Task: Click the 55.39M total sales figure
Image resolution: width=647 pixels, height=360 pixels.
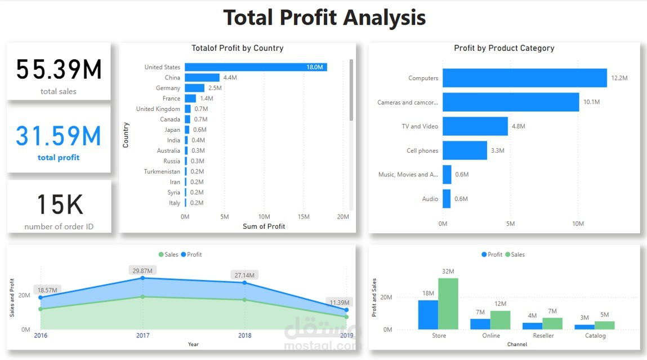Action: pos(59,70)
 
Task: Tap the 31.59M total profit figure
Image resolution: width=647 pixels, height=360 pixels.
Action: pos(59,137)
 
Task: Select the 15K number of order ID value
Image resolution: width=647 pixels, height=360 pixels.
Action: pos(59,205)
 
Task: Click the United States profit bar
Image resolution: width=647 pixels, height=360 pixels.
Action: pos(256,67)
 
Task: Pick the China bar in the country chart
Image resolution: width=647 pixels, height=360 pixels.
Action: pos(202,78)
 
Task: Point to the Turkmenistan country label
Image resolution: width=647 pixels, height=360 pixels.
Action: pos(162,171)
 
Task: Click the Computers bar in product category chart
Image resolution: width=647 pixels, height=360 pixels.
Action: pos(524,78)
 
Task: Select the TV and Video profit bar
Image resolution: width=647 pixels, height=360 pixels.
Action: pos(475,126)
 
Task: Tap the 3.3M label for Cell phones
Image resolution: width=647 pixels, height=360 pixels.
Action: pos(498,150)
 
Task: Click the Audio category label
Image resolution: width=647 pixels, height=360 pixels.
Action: pos(430,199)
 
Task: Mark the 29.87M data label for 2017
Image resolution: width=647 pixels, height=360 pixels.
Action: pos(142,270)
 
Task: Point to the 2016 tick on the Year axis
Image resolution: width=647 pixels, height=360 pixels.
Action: pos(41,336)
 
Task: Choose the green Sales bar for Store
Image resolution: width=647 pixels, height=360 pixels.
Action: pos(448,304)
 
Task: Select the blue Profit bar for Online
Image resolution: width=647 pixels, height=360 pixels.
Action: pos(480,324)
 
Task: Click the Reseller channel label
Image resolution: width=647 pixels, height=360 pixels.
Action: pos(543,336)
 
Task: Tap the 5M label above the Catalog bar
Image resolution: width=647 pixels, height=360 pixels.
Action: pos(604,315)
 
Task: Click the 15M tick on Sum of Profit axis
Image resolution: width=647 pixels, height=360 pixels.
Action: pos(304,217)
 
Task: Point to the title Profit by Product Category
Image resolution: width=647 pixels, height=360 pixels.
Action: pos(504,48)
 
